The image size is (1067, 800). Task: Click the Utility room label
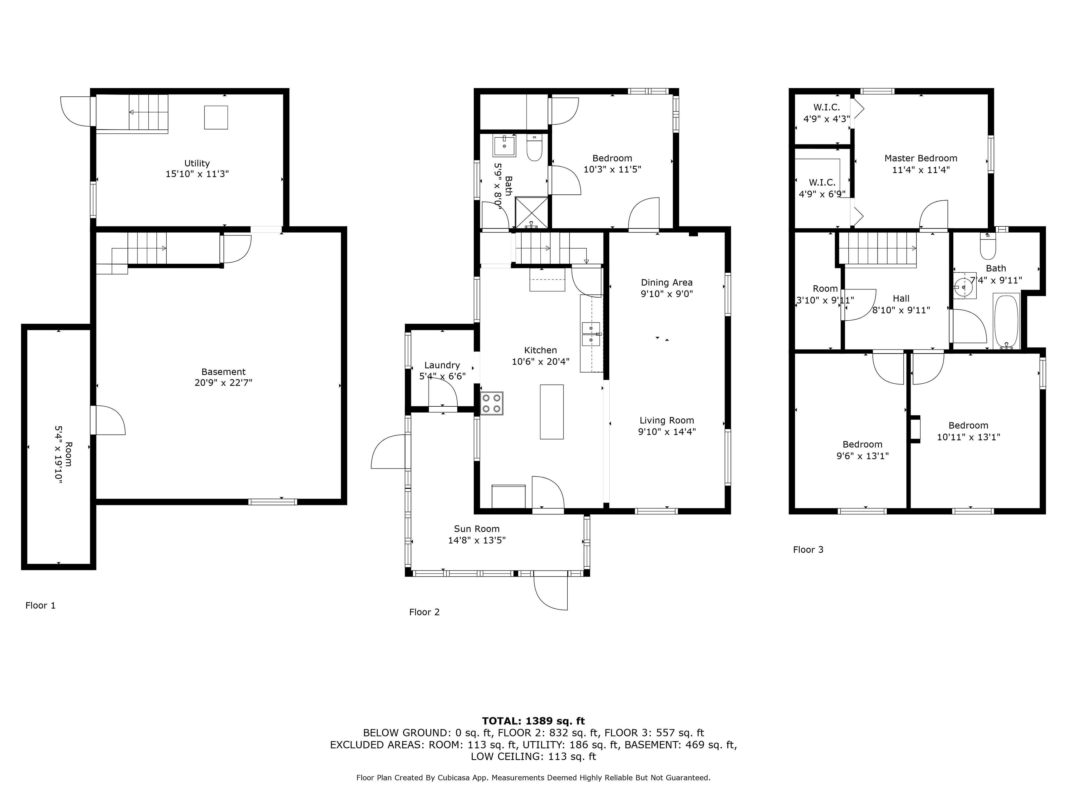(x=197, y=163)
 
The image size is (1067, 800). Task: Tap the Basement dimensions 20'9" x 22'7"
(x=223, y=383)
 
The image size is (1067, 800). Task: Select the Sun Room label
(x=477, y=529)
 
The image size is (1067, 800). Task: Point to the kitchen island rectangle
(x=552, y=411)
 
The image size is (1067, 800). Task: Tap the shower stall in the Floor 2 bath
(x=532, y=212)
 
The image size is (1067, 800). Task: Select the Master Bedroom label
(x=921, y=158)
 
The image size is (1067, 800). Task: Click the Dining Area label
(x=667, y=282)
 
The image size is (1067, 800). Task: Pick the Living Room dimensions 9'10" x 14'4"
(x=667, y=432)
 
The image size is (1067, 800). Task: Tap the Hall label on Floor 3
(x=901, y=299)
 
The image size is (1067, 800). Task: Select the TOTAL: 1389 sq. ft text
(x=533, y=721)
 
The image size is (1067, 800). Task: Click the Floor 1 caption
(x=41, y=605)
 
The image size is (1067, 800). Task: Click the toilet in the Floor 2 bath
(x=534, y=149)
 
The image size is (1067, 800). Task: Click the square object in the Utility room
(x=216, y=117)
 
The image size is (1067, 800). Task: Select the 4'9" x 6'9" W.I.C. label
(x=822, y=194)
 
